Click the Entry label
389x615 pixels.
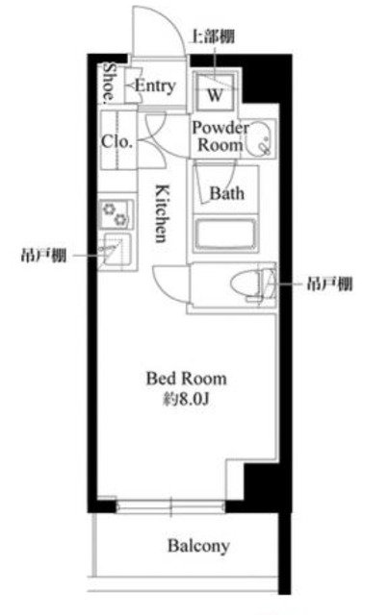click(154, 86)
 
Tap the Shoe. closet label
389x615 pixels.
click(110, 83)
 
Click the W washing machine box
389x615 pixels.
click(215, 94)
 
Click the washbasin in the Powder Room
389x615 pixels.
click(260, 145)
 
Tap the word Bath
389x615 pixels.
click(227, 193)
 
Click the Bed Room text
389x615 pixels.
click(187, 379)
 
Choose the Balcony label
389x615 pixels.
click(198, 547)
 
